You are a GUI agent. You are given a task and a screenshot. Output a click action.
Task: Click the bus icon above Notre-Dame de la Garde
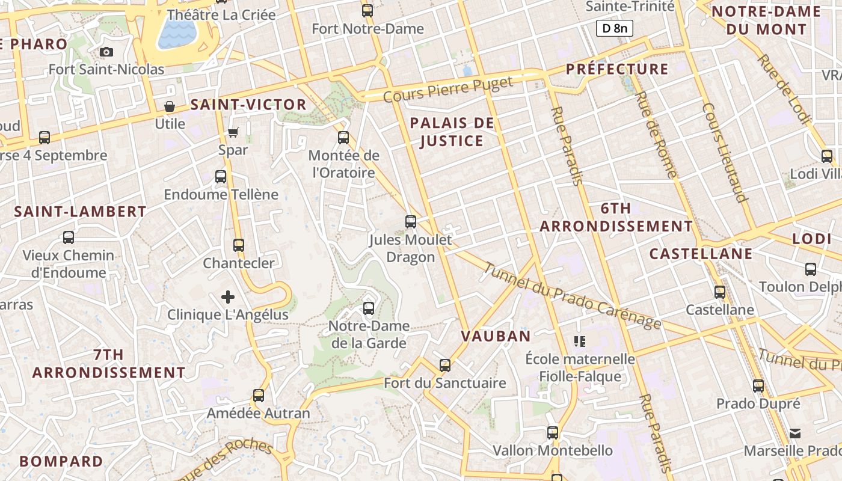coord(369,308)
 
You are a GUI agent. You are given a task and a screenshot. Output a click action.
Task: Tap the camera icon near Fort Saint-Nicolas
coord(106,52)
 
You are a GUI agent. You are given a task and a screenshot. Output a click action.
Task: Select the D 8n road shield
coord(614,28)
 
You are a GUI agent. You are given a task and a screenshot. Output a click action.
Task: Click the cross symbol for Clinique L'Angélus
coord(228,296)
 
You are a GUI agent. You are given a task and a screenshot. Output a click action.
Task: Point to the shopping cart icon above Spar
coord(233,132)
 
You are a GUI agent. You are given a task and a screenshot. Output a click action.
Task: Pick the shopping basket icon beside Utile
coord(170,106)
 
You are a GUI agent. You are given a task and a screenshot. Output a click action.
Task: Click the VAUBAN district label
coord(496,336)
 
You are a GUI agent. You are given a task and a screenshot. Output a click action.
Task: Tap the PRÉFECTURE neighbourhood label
coord(617,69)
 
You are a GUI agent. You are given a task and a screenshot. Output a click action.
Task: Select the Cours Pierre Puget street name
coord(448,89)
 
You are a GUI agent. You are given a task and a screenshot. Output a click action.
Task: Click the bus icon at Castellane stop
coord(720,292)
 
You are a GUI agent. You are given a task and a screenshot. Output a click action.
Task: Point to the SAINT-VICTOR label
coord(248,105)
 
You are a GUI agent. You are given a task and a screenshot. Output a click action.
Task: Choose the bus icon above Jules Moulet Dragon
coord(411,222)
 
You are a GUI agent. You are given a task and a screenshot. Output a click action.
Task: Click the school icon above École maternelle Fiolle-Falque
coord(580,342)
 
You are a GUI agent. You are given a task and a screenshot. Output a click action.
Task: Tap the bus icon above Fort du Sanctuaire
coord(445,365)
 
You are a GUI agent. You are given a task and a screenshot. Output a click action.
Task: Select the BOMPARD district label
coord(61,461)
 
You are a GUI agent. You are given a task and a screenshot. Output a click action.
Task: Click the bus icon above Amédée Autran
coord(259,395)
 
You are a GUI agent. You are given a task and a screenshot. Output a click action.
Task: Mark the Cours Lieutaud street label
coord(725,153)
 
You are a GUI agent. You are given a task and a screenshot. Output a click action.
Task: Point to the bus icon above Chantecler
coord(239,245)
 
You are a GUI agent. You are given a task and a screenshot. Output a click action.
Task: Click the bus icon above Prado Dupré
coord(758,386)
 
